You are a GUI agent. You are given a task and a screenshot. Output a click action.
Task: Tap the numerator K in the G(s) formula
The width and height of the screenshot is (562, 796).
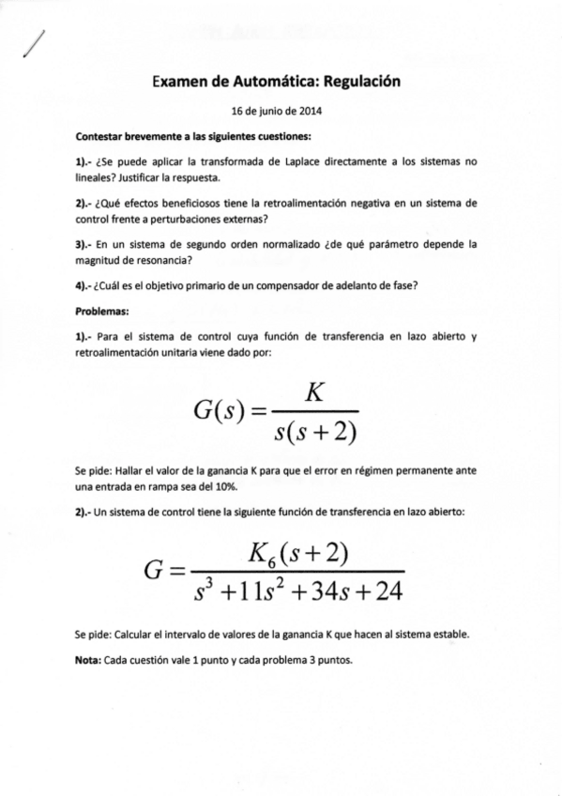[x=314, y=392]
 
